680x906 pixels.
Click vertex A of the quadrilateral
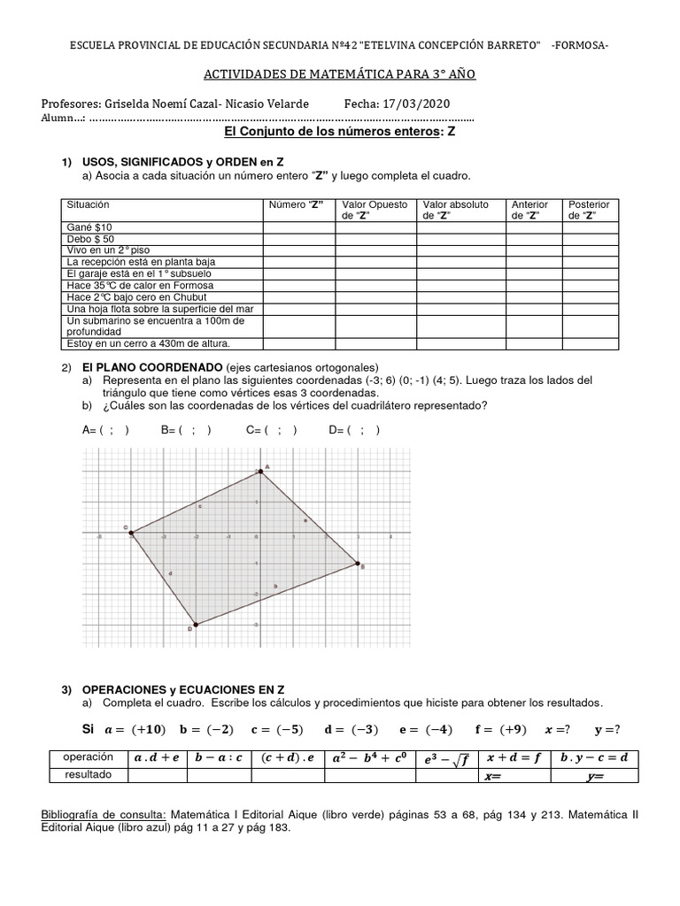(x=259, y=471)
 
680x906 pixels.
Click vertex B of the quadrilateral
(x=358, y=563)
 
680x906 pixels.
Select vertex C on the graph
(x=132, y=533)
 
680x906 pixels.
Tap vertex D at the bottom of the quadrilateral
(x=195, y=625)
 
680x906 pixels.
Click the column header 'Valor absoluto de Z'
(x=456, y=210)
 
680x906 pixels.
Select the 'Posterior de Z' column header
(x=589, y=210)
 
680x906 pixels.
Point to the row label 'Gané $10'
(x=89, y=227)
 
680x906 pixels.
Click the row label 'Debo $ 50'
(x=91, y=239)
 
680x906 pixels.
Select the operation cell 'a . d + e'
(x=156, y=758)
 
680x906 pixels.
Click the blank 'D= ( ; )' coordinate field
(x=354, y=431)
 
